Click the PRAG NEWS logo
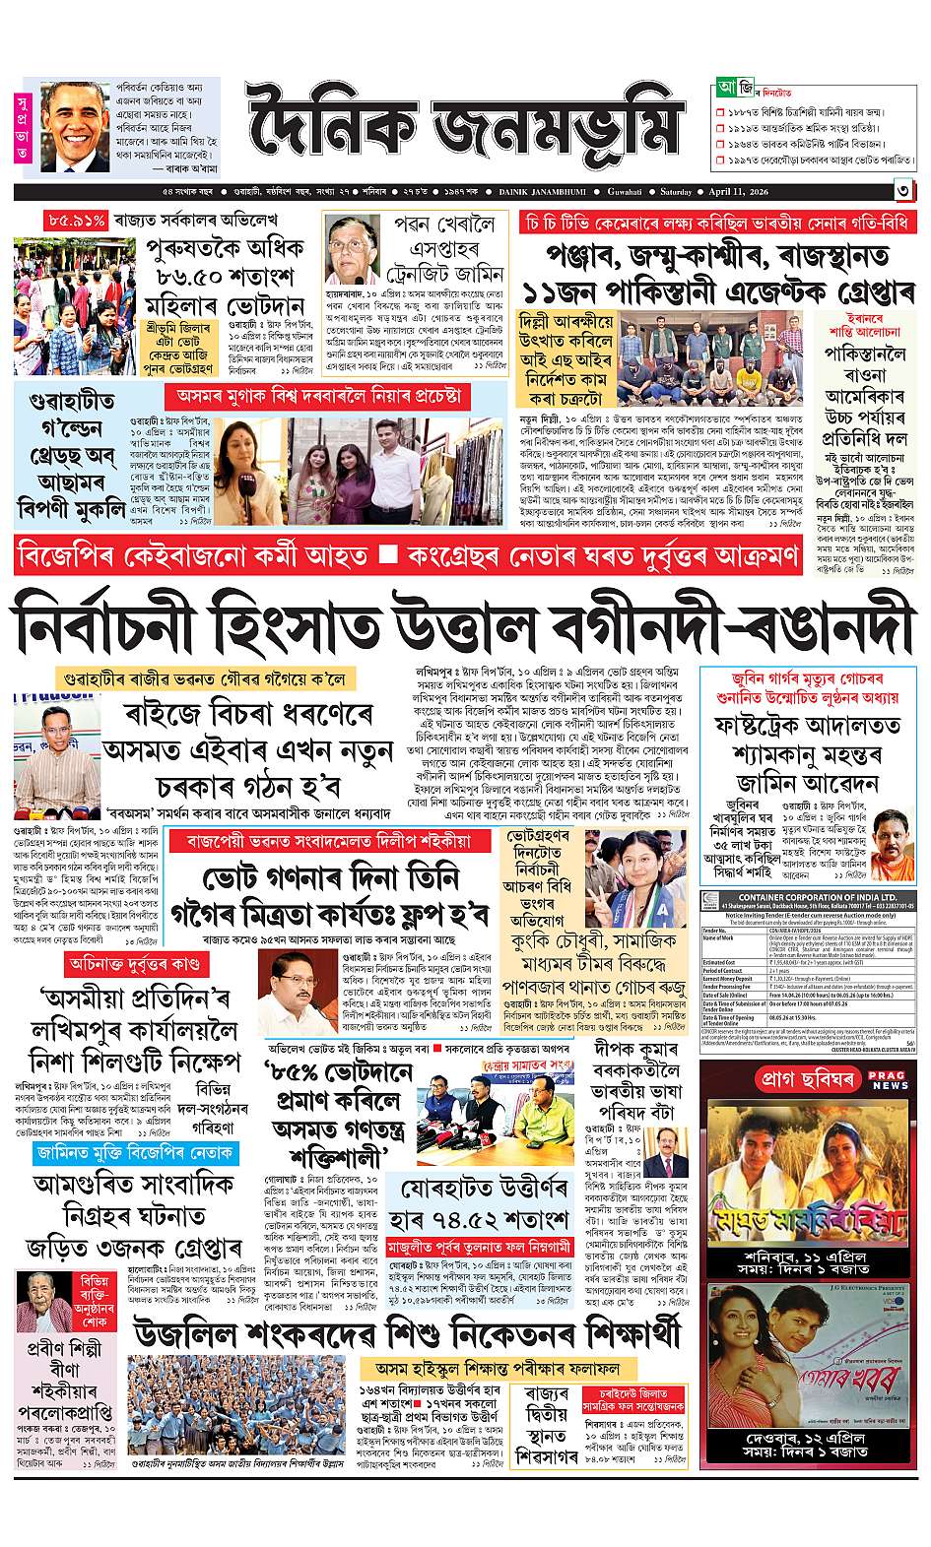[889, 1080]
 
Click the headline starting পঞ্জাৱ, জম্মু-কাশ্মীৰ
[715, 260]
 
